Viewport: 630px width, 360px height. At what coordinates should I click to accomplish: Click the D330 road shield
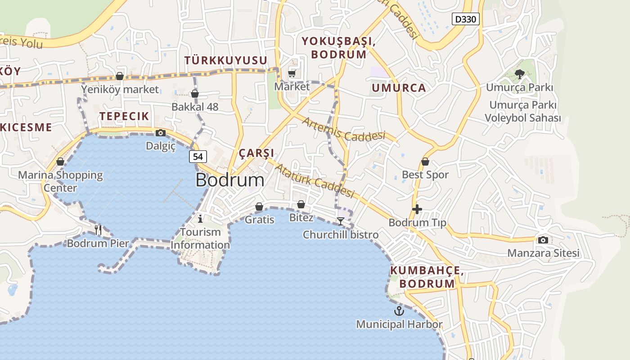465,19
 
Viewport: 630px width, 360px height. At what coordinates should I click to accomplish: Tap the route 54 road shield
198,157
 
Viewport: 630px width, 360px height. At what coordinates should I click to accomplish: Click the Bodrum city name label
230,180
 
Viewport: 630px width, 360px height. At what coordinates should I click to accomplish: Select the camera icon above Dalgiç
160,133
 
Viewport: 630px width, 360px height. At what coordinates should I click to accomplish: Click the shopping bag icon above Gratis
259,207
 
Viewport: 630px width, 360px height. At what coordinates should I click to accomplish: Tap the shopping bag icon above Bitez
301,205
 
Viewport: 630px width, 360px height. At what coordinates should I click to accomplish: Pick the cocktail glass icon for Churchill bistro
341,221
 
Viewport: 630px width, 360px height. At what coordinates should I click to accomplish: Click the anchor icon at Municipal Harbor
399,310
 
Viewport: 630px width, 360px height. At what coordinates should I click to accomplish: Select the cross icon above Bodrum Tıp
417,209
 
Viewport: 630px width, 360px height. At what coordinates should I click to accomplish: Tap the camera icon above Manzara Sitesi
543,240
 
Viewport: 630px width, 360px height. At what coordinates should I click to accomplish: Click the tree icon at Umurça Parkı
520,74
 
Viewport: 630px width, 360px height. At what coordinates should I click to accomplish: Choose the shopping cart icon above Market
292,73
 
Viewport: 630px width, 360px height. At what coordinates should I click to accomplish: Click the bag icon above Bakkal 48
195,94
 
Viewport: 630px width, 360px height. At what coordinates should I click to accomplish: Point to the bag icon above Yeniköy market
120,76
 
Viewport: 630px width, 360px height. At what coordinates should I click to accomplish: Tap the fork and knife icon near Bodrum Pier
98,230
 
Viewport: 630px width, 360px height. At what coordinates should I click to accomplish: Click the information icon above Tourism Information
200,219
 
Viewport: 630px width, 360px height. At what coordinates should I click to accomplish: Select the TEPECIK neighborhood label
124,116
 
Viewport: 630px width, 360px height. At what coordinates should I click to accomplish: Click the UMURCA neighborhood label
399,88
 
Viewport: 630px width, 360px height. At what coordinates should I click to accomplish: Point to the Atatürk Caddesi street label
315,181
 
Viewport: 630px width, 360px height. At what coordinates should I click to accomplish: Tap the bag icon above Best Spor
425,162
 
